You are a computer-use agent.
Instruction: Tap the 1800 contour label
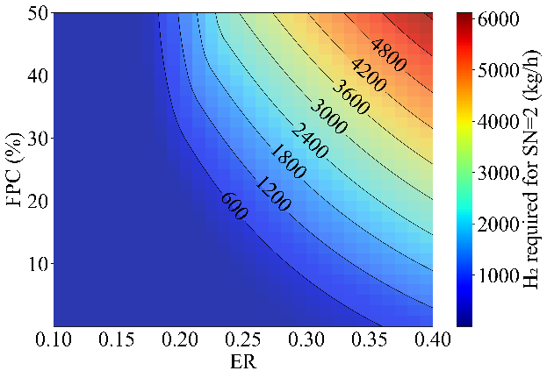291,162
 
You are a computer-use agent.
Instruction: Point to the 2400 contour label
312,143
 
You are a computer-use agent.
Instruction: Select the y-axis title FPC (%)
15,169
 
